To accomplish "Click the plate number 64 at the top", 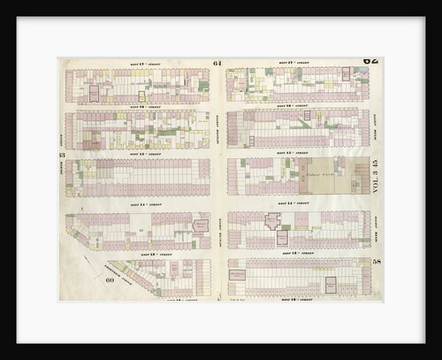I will click(217, 64).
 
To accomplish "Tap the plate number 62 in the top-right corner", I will click(370, 61).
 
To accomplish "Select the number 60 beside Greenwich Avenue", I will click(111, 280).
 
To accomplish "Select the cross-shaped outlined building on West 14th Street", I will click(274, 222).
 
